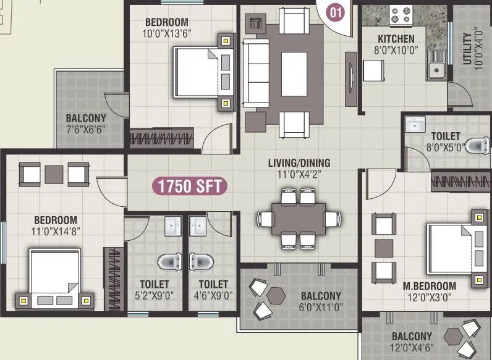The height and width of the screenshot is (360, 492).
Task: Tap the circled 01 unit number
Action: (x=334, y=10)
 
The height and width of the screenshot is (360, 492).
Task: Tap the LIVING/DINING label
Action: (x=299, y=163)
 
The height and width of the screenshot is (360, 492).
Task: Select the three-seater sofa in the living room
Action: (x=252, y=72)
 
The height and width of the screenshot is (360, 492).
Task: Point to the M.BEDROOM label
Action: (x=429, y=287)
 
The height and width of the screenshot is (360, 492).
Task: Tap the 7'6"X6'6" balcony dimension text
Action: (x=86, y=130)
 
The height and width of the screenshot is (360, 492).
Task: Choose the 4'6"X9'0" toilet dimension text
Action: (x=213, y=295)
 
